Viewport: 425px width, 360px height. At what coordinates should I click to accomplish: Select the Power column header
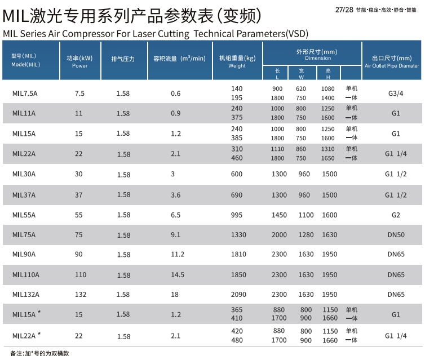point(79,61)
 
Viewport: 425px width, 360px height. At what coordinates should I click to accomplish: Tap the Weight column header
point(237,61)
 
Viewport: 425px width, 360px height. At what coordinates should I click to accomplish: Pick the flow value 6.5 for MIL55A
point(175,215)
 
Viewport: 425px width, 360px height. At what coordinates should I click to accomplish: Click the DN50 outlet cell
point(396,235)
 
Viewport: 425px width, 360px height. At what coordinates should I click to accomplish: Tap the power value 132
point(79,294)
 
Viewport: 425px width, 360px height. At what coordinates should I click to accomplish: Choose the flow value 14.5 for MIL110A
point(178,274)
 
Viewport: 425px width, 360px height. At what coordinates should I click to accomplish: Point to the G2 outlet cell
point(396,215)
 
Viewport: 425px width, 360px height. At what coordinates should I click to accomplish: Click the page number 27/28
point(343,10)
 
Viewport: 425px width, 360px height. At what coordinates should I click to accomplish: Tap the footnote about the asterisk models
point(42,353)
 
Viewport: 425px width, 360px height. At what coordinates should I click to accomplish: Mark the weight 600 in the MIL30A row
point(237,174)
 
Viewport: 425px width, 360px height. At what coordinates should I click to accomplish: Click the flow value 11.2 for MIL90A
point(178,254)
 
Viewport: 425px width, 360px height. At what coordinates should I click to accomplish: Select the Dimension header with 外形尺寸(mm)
point(312,54)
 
